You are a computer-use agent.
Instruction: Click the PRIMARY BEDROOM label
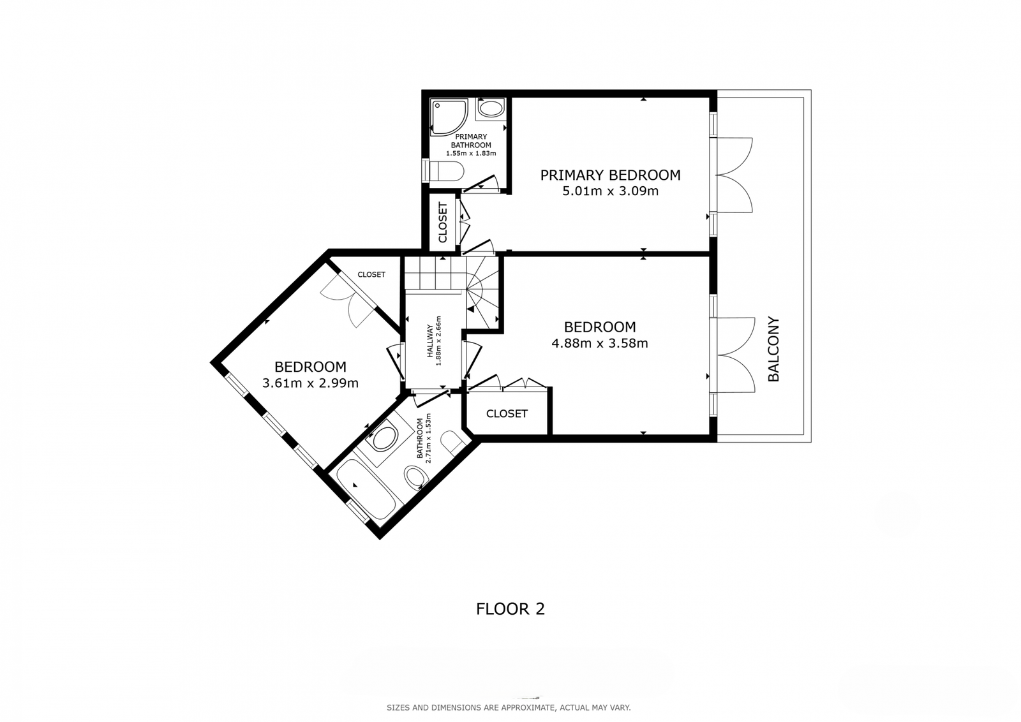(610, 175)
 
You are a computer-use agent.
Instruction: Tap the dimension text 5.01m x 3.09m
(610, 191)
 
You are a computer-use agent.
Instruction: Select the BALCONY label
(773, 350)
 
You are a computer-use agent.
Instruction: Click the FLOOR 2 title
(511, 609)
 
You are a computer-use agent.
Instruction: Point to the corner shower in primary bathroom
(449, 117)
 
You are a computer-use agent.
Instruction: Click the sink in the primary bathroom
(491, 109)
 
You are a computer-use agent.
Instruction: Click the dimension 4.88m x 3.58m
(600, 343)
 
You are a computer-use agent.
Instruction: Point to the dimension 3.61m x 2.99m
(310, 383)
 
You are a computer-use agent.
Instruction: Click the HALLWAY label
(429, 341)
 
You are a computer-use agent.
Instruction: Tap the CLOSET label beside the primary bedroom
(443, 223)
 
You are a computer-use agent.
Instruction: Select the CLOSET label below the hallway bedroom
(507, 413)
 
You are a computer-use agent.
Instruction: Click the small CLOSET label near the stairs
(371, 275)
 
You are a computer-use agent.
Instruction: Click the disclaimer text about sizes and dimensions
(509, 708)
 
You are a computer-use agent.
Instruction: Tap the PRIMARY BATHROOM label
(472, 141)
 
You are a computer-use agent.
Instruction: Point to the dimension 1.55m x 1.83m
(471, 154)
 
